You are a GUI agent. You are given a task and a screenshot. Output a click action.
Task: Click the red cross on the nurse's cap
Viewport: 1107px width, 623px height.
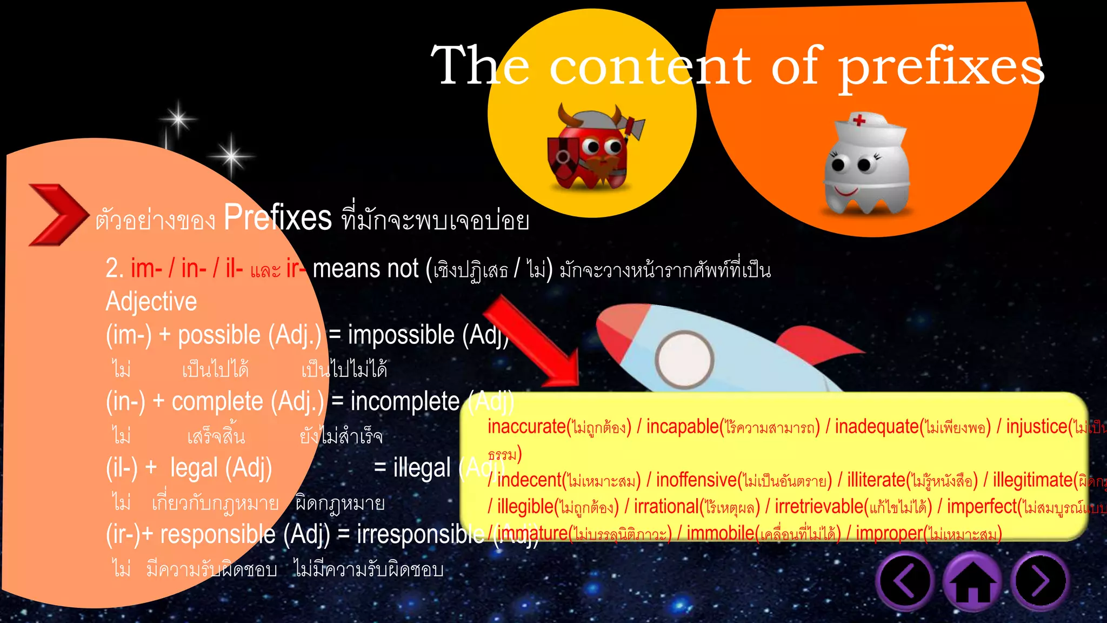(859, 120)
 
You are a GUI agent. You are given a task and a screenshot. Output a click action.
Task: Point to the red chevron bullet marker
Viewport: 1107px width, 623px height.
(57, 215)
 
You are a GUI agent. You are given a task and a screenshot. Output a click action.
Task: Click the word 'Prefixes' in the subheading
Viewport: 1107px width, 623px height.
(277, 217)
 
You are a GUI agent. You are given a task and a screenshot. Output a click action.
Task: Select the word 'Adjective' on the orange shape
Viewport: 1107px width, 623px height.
(151, 301)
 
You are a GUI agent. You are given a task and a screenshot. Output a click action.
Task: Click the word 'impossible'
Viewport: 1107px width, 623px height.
(401, 335)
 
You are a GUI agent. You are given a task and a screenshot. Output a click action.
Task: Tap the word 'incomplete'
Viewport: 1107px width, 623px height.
(405, 401)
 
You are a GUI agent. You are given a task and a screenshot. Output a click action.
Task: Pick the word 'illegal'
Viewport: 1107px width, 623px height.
(422, 468)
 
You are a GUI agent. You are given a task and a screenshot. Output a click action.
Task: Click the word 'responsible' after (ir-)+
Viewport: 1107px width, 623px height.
(218, 534)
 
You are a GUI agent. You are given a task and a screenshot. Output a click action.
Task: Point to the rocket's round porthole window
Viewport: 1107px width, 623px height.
(684, 360)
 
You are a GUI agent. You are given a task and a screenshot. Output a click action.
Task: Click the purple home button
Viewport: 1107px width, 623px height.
(972, 582)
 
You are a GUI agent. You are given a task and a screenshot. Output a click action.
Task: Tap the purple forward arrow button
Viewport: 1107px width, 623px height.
(1040, 581)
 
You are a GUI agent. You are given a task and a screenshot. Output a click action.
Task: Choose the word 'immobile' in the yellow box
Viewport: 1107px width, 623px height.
(720, 533)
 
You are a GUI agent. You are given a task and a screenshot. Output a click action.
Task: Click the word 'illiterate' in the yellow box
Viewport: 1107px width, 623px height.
(876, 480)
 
